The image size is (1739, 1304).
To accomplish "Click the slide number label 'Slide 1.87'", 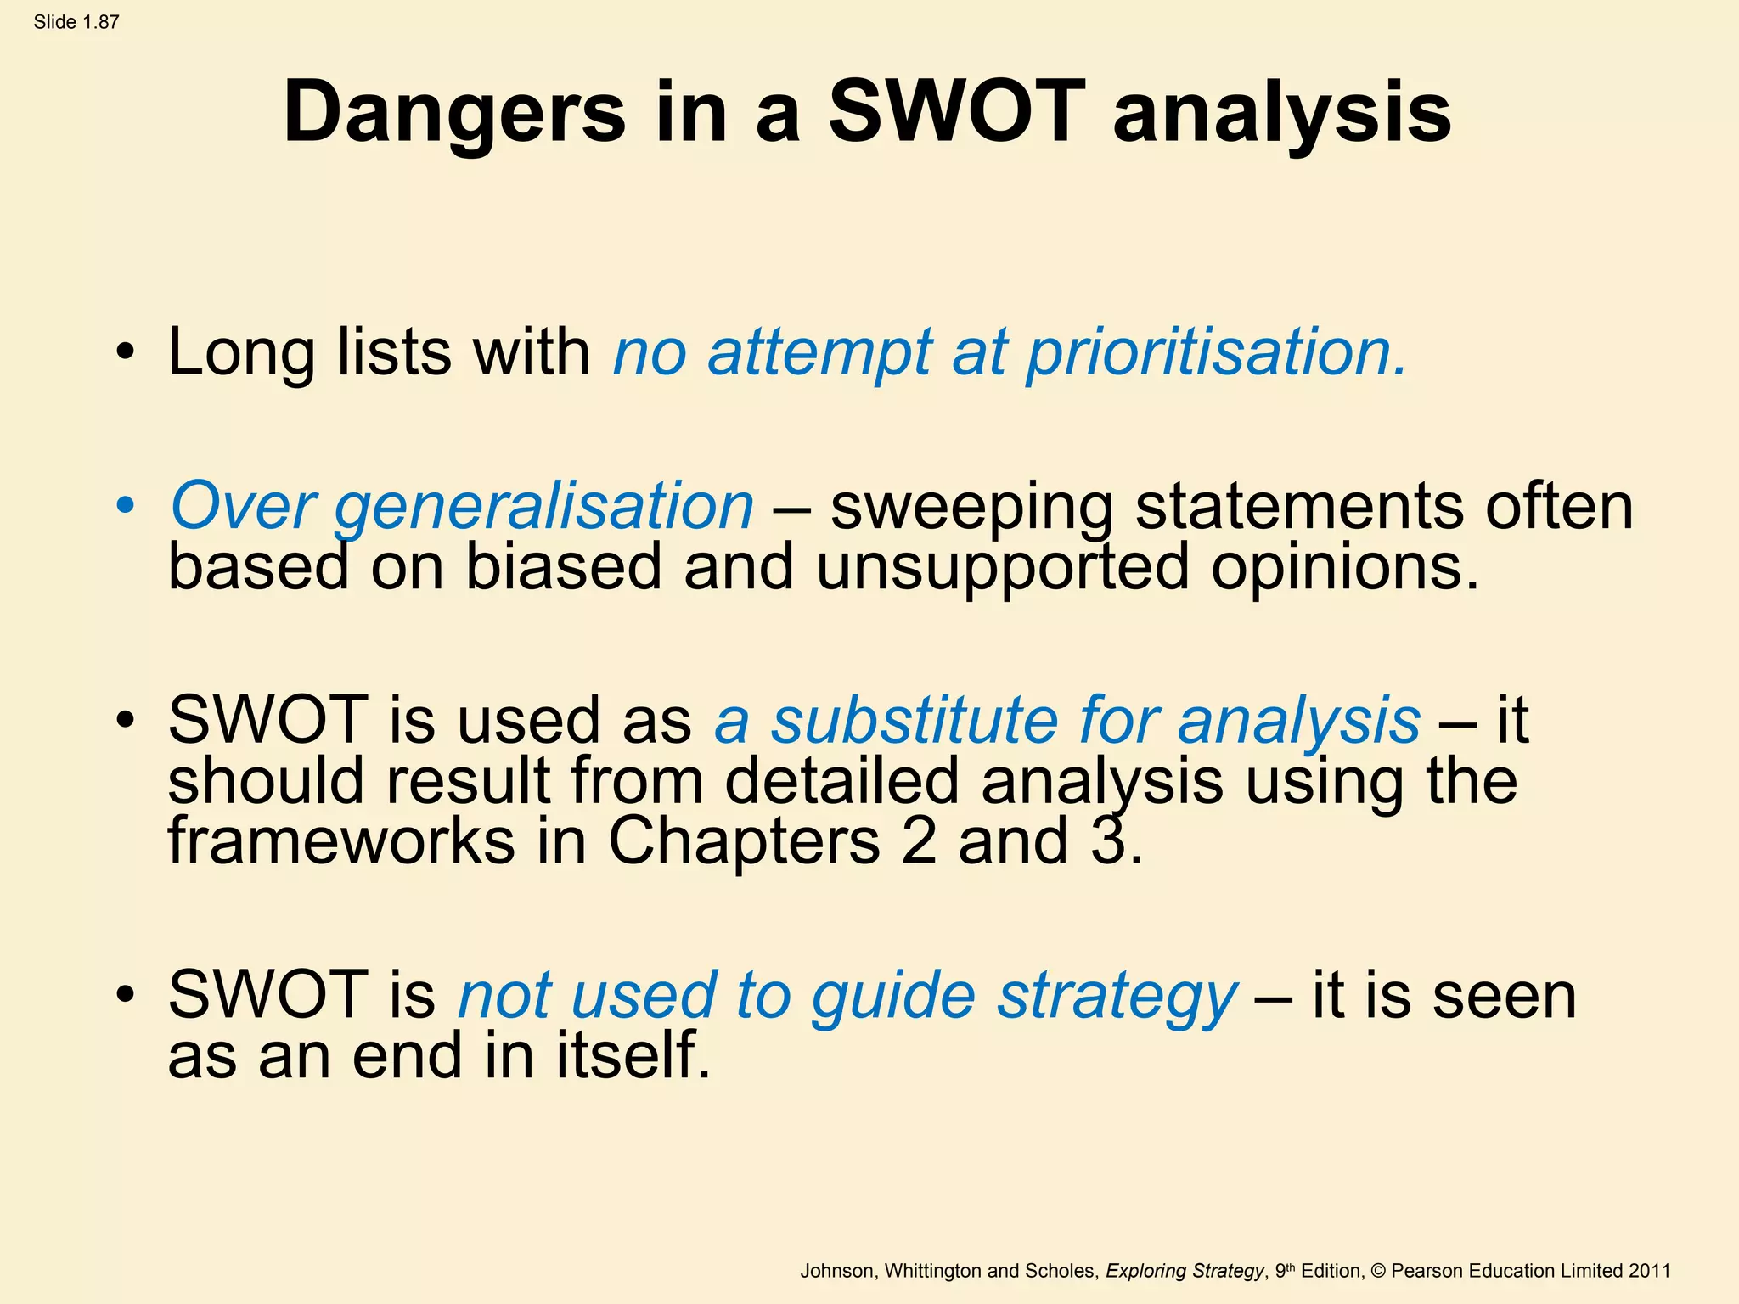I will point(76,23).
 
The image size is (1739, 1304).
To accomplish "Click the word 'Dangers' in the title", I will point(454,113).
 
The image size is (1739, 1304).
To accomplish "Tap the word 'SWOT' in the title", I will point(957,113).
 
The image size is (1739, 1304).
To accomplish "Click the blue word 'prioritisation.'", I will point(1217,352).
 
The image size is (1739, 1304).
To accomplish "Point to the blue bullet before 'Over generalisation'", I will point(126,506).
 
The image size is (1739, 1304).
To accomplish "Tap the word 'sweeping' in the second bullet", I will point(971,508).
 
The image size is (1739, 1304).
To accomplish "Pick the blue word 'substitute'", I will point(914,721).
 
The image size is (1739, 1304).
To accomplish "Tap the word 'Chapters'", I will point(744,841).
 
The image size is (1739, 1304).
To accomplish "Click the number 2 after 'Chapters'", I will point(918,841).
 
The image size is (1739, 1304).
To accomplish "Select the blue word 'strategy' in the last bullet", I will point(1117,997).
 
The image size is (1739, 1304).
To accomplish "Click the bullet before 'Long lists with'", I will point(126,352).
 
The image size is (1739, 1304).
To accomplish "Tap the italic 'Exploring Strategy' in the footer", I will point(1185,1271).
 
